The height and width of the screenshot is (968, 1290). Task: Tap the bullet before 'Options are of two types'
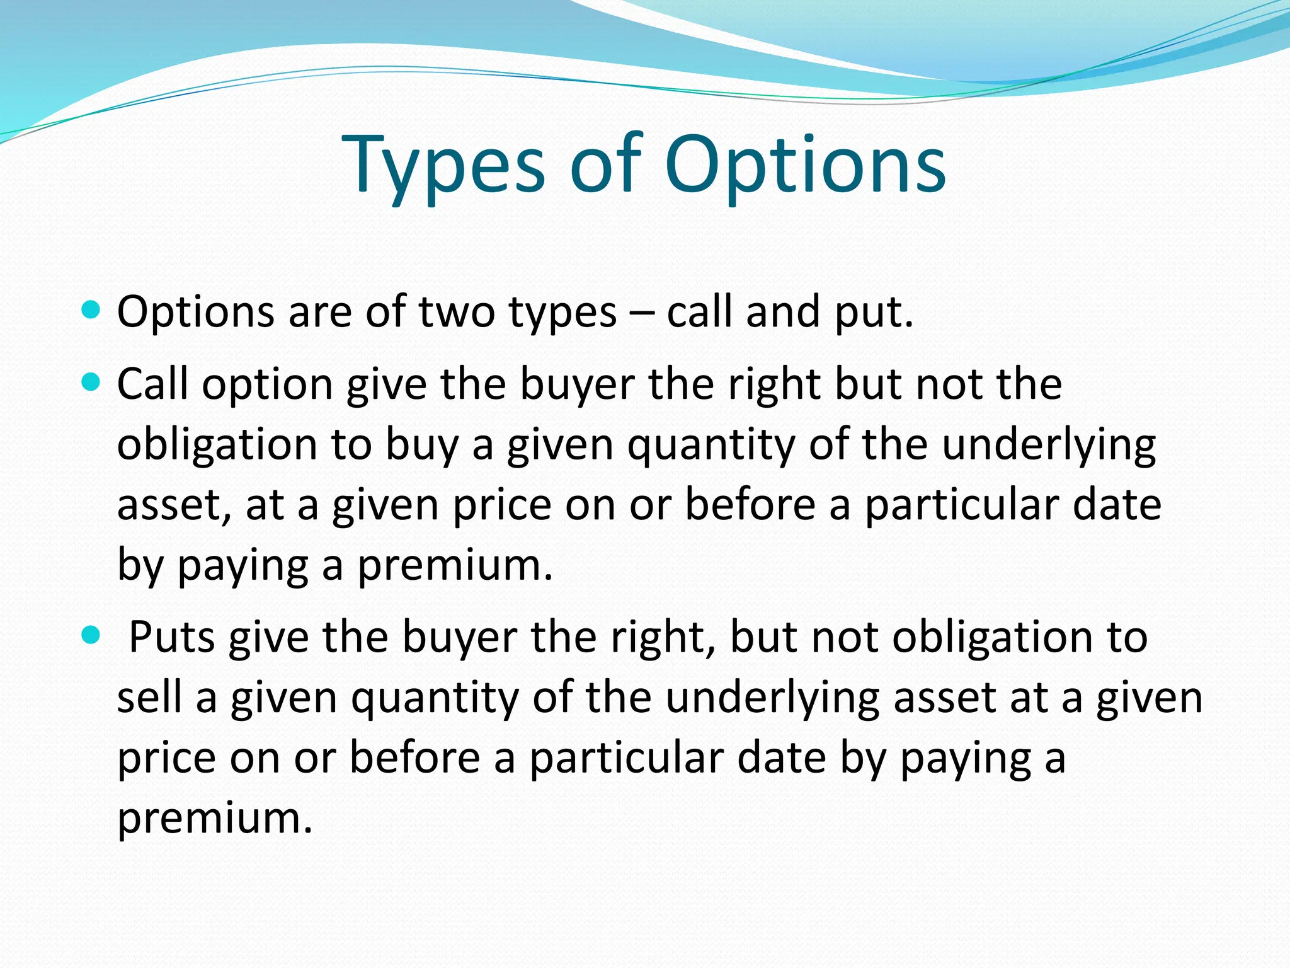(91, 309)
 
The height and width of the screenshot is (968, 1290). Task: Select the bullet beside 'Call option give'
(91, 381)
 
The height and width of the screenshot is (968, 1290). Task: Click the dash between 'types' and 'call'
(641, 313)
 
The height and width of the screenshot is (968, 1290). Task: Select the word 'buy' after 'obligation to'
(421, 445)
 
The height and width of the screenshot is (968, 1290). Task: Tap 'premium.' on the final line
(215, 818)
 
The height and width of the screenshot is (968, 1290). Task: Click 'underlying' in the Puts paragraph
(772, 698)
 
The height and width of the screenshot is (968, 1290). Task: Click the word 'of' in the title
(605, 165)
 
